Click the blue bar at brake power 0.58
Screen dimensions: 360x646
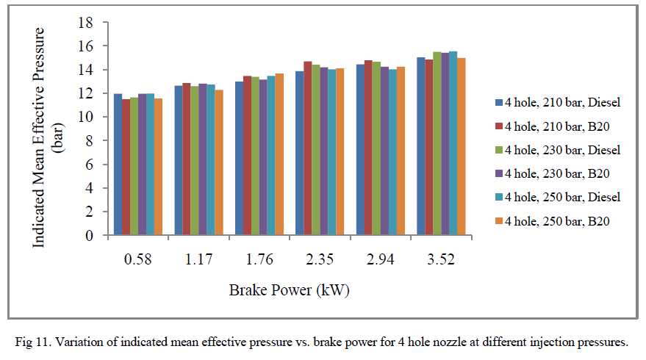point(118,165)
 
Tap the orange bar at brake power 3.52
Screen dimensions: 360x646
point(462,147)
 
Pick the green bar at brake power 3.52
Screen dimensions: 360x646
point(437,144)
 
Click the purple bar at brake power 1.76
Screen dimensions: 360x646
point(263,157)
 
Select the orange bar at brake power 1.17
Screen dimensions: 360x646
point(219,162)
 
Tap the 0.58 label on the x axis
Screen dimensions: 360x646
point(138,258)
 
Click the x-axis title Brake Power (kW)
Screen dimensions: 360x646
point(289,289)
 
